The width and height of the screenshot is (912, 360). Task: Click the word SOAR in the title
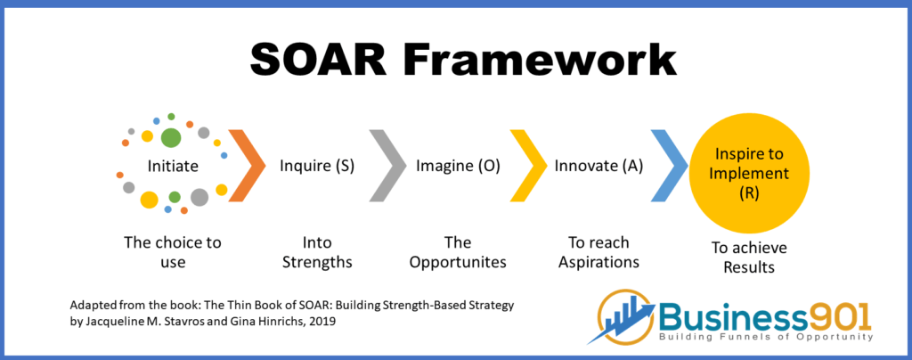coord(320,60)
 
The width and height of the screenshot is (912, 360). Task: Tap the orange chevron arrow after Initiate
coord(247,165)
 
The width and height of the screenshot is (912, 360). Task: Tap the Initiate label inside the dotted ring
coord(173,167)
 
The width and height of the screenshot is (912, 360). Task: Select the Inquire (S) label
coord(317,167)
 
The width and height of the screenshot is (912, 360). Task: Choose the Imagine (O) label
coord(458,167)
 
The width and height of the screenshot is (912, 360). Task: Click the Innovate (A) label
coord(598,167)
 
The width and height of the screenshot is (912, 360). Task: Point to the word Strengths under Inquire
coord(317,262)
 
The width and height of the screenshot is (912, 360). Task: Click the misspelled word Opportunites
coord(458,262)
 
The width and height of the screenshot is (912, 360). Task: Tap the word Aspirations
coord(599,262)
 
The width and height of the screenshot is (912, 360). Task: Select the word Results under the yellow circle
coord(749,267)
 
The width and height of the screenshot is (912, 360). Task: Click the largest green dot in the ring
coord(170,138)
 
